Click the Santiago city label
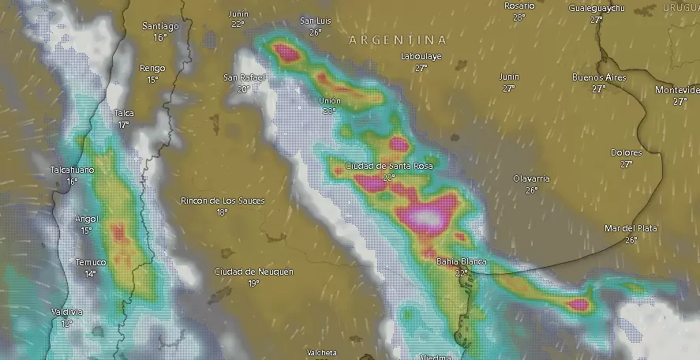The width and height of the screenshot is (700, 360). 160,26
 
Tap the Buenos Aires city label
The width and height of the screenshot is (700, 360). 598,77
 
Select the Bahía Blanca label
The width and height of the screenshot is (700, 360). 462,261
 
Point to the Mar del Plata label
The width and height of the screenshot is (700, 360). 631,228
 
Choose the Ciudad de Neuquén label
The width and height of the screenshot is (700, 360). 253,272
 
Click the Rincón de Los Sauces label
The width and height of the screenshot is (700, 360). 223,201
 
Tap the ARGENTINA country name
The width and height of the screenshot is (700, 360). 397,39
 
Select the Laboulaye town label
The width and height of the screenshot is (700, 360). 421,57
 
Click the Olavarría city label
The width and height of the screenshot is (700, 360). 531,179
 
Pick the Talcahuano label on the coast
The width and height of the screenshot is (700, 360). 72,171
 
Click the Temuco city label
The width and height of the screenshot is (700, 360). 91,262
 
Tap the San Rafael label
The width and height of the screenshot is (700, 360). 244,77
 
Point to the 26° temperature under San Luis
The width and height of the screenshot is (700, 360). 316,32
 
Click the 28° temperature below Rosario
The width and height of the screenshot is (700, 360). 518,17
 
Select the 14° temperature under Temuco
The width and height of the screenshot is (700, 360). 91,273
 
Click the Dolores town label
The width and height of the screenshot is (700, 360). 627,152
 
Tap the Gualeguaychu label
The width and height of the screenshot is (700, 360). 597,8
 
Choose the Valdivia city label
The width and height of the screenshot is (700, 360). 67,313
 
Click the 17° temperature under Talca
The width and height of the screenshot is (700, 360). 124,125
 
